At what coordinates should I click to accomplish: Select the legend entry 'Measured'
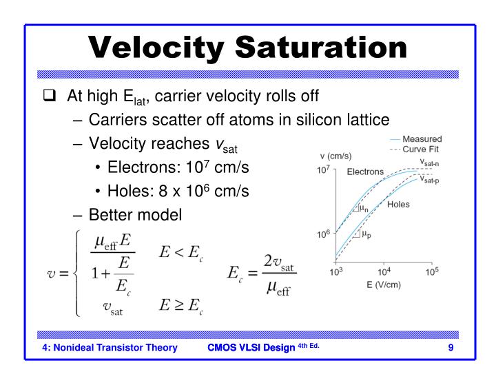[x=422, y=139]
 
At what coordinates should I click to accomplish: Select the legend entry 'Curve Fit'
[x=422, y=149]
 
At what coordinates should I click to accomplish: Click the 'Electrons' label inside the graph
[x=365, y=172]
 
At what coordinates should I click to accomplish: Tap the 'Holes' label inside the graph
[x=398, y=205]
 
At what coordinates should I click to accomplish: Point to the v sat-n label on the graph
[x=431, y=163]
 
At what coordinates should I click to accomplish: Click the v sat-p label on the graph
[x=431, y=178]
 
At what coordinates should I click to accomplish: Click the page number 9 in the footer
[x=451, y=347]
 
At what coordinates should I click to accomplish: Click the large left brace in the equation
[x=77, y=273]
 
